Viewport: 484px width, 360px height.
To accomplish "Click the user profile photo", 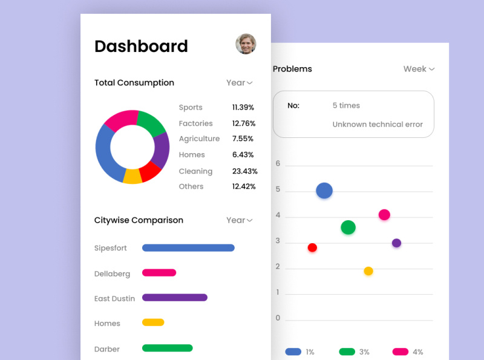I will point(246,44).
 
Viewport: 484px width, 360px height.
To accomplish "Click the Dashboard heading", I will point(141,46).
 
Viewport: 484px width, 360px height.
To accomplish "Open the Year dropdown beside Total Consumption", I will point(239,83).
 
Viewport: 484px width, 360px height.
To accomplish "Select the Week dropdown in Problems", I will point(419,69).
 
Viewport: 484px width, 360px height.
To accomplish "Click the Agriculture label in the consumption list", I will point(199,139).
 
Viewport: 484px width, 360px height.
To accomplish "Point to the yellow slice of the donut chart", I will point(132,177).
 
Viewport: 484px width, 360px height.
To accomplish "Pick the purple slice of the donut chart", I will point(161,149).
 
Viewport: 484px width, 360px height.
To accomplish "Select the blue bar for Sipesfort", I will point(188,247).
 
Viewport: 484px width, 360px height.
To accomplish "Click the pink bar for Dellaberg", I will point(159,273).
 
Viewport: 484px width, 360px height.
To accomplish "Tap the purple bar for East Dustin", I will point(175,298).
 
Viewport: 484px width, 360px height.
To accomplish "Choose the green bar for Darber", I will point(167,348).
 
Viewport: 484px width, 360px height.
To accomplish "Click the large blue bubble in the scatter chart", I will point(324,191).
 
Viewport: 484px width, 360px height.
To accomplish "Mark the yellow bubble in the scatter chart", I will point(368,271).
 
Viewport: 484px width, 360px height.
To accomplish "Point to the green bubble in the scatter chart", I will point(348,227).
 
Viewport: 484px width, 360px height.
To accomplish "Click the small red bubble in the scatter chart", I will point(312,247).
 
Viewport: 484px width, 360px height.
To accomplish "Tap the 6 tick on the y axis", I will point(278,163).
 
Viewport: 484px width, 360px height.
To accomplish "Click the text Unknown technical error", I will point(378,125).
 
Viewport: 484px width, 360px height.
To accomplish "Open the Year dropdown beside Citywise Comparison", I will point(239,220).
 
